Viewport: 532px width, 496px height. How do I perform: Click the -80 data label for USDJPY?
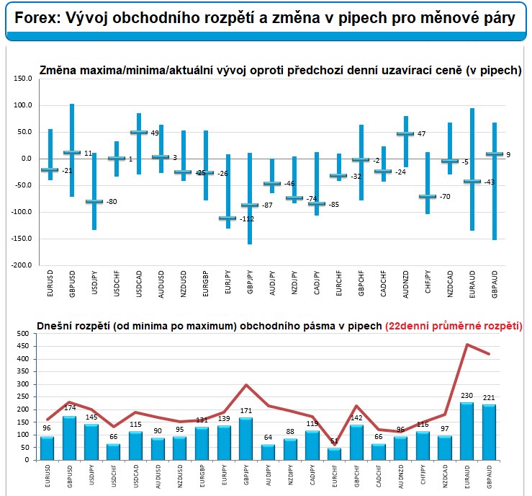pyautogui.click(x=112, y=201)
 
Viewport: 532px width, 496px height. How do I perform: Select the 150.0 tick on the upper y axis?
pyautogui.click(x=24, y=79)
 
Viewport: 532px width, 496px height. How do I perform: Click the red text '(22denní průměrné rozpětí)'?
pyautogui.click(x=453, y=325)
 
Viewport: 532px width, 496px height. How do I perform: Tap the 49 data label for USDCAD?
pyautogui.click(x=154, y=133)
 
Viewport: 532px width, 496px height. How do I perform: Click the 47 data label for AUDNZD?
pyautogui.click(x=422, y=134)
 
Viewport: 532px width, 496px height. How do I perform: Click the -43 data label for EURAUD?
pyautogui.click(x=489, y=182)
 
